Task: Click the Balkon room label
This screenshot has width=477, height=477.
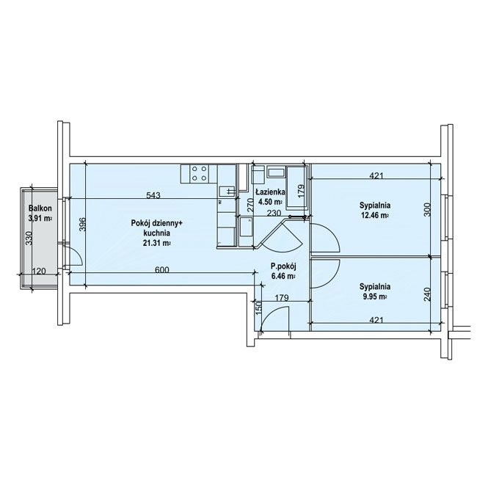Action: click(40, 208)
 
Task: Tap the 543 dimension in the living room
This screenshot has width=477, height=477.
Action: click(153, 195)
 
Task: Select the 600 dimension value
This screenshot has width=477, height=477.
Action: click(162, 270)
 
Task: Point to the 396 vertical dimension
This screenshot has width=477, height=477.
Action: click(82, 225)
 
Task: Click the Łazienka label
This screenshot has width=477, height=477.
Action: click(270, 192)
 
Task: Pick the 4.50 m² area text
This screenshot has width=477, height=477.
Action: click(270, 201)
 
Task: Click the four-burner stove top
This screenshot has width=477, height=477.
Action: click(200, 173)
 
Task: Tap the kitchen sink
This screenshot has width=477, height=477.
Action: click(227, 191)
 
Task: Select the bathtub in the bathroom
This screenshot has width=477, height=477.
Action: click(297, 187)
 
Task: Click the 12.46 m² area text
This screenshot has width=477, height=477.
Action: click(375, 216)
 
